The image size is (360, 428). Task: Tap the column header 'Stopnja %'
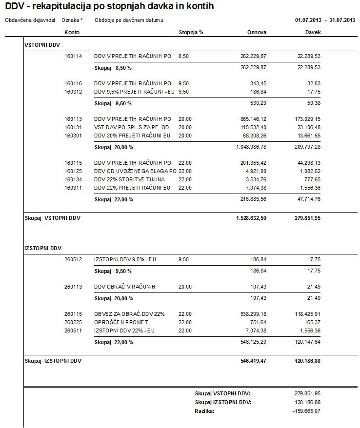(x=191, y=32)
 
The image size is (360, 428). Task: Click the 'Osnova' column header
(x=257, y=32)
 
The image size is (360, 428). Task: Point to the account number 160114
(x=73, y=57)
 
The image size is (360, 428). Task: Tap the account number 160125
(x=73, y=171)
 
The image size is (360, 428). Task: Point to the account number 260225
(x=73, y=322)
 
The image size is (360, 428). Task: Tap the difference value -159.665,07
(x=306, y=411)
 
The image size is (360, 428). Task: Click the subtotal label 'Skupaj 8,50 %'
(x=113, y=67)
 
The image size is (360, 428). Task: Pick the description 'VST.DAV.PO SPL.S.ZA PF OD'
(x=131, y=127)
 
